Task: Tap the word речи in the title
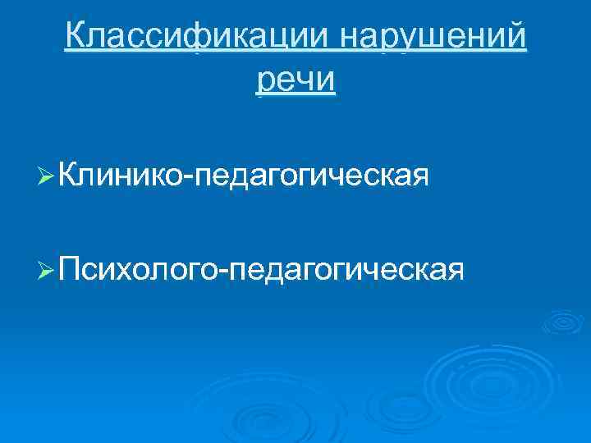coord(295,81)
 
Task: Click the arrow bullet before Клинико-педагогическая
coord(48,175)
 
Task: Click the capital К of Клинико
coord(71,173)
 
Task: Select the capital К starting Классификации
coord(76,37)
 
